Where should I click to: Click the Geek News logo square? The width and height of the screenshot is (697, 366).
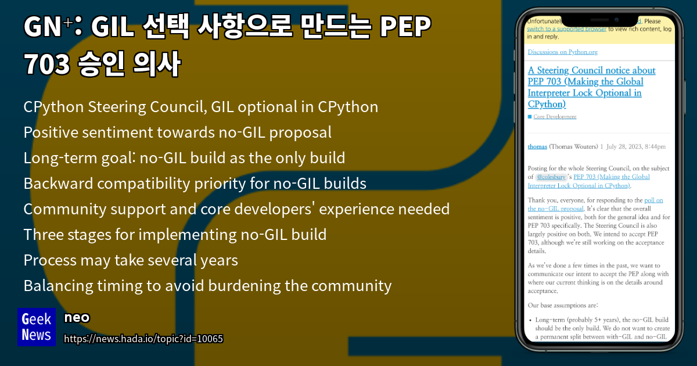click(36, 326)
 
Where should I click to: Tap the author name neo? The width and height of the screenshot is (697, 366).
click(77, 317)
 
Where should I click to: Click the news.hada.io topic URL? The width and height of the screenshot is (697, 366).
click(143, 339)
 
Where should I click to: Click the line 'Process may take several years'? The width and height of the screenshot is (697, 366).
click(131, 260)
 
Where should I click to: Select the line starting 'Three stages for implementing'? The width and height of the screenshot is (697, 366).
click(174, 235)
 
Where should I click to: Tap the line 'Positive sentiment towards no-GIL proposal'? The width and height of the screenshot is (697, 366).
click(177, 132)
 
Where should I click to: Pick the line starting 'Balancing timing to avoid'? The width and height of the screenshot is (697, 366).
click(207, 286)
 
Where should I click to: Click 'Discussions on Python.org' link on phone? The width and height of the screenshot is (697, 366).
click(562, 52)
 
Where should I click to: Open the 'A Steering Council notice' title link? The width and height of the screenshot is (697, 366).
click(591, 87)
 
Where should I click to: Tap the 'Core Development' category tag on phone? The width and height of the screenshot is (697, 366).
click(555, 117)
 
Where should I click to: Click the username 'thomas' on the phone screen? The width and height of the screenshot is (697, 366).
click(537, 146)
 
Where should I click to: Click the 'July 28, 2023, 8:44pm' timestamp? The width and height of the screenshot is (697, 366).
click(638, 146)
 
